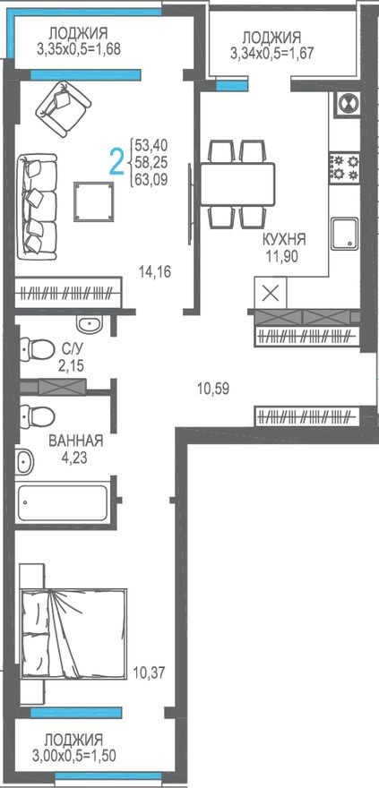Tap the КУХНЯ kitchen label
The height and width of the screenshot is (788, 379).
(x=284, y=239)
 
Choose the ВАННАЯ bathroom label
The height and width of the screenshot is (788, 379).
(x=76, y=441)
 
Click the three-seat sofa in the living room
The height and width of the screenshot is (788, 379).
(x=37, y=206)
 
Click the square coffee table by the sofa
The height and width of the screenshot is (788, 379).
(x=94, y=201)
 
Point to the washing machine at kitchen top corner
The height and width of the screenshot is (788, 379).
(x=346, y=105)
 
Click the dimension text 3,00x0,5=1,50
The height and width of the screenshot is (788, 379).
(x=74, y=755)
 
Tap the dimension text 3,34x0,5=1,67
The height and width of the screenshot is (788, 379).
(x=271, y=53)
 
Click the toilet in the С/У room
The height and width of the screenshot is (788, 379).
(x=37, y=348)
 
